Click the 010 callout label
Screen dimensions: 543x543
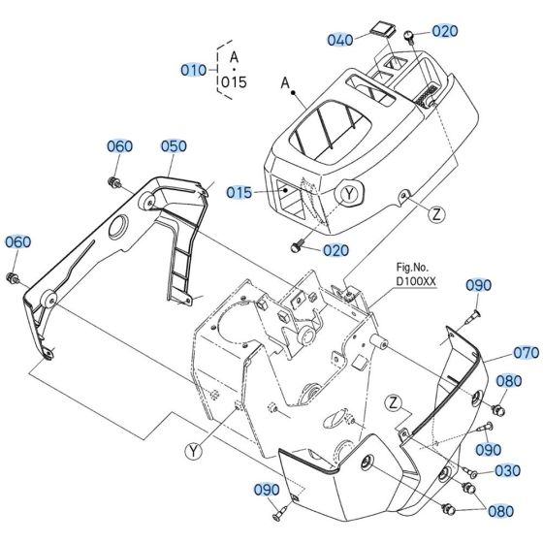point(193,70)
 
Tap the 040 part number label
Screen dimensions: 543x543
point(340,40)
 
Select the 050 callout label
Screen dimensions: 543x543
point(174,145)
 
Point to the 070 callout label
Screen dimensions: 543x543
point(526,353)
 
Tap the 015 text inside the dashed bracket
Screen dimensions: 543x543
point(234,82)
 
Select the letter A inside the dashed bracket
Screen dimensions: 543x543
point(234,57)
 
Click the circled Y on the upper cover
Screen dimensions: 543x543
point(350,192)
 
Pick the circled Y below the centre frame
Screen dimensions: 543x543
point(195,448)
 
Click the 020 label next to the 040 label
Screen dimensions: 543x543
point(444,30)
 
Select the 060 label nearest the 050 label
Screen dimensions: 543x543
point(119,146)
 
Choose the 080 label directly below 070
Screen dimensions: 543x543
point(508,382)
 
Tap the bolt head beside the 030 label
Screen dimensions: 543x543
point(469,471)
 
